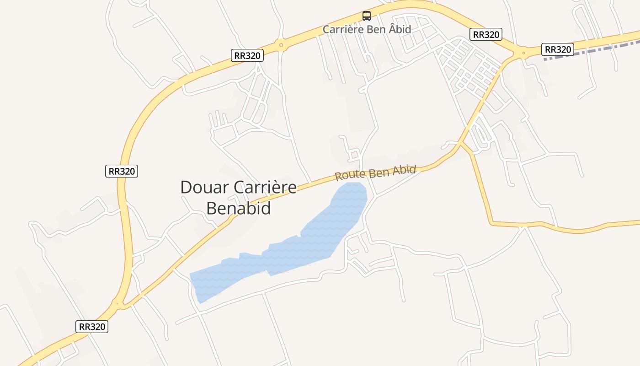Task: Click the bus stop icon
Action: click(x=367, y=16)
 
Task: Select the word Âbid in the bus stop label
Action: click(x=399, y=29)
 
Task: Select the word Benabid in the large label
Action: click(x=239, y=208)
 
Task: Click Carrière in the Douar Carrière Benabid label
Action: click(x=265, y=188)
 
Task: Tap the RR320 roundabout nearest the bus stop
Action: click(x=280, y=45)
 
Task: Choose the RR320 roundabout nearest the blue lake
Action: click(x=118, y=303)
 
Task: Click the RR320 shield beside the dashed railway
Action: click(x=558, y=49)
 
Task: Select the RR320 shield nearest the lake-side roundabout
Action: click(x=92, y=327)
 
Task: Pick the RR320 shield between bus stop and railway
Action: click(x=486, y=34)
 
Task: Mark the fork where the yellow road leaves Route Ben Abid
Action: click(x=462, y=145)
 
